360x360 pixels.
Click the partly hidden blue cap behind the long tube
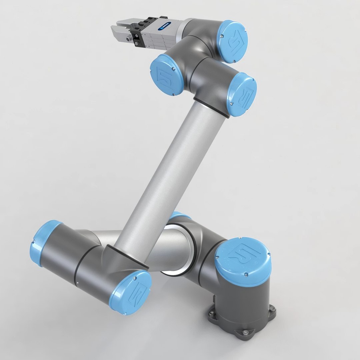[x=180, y=216]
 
